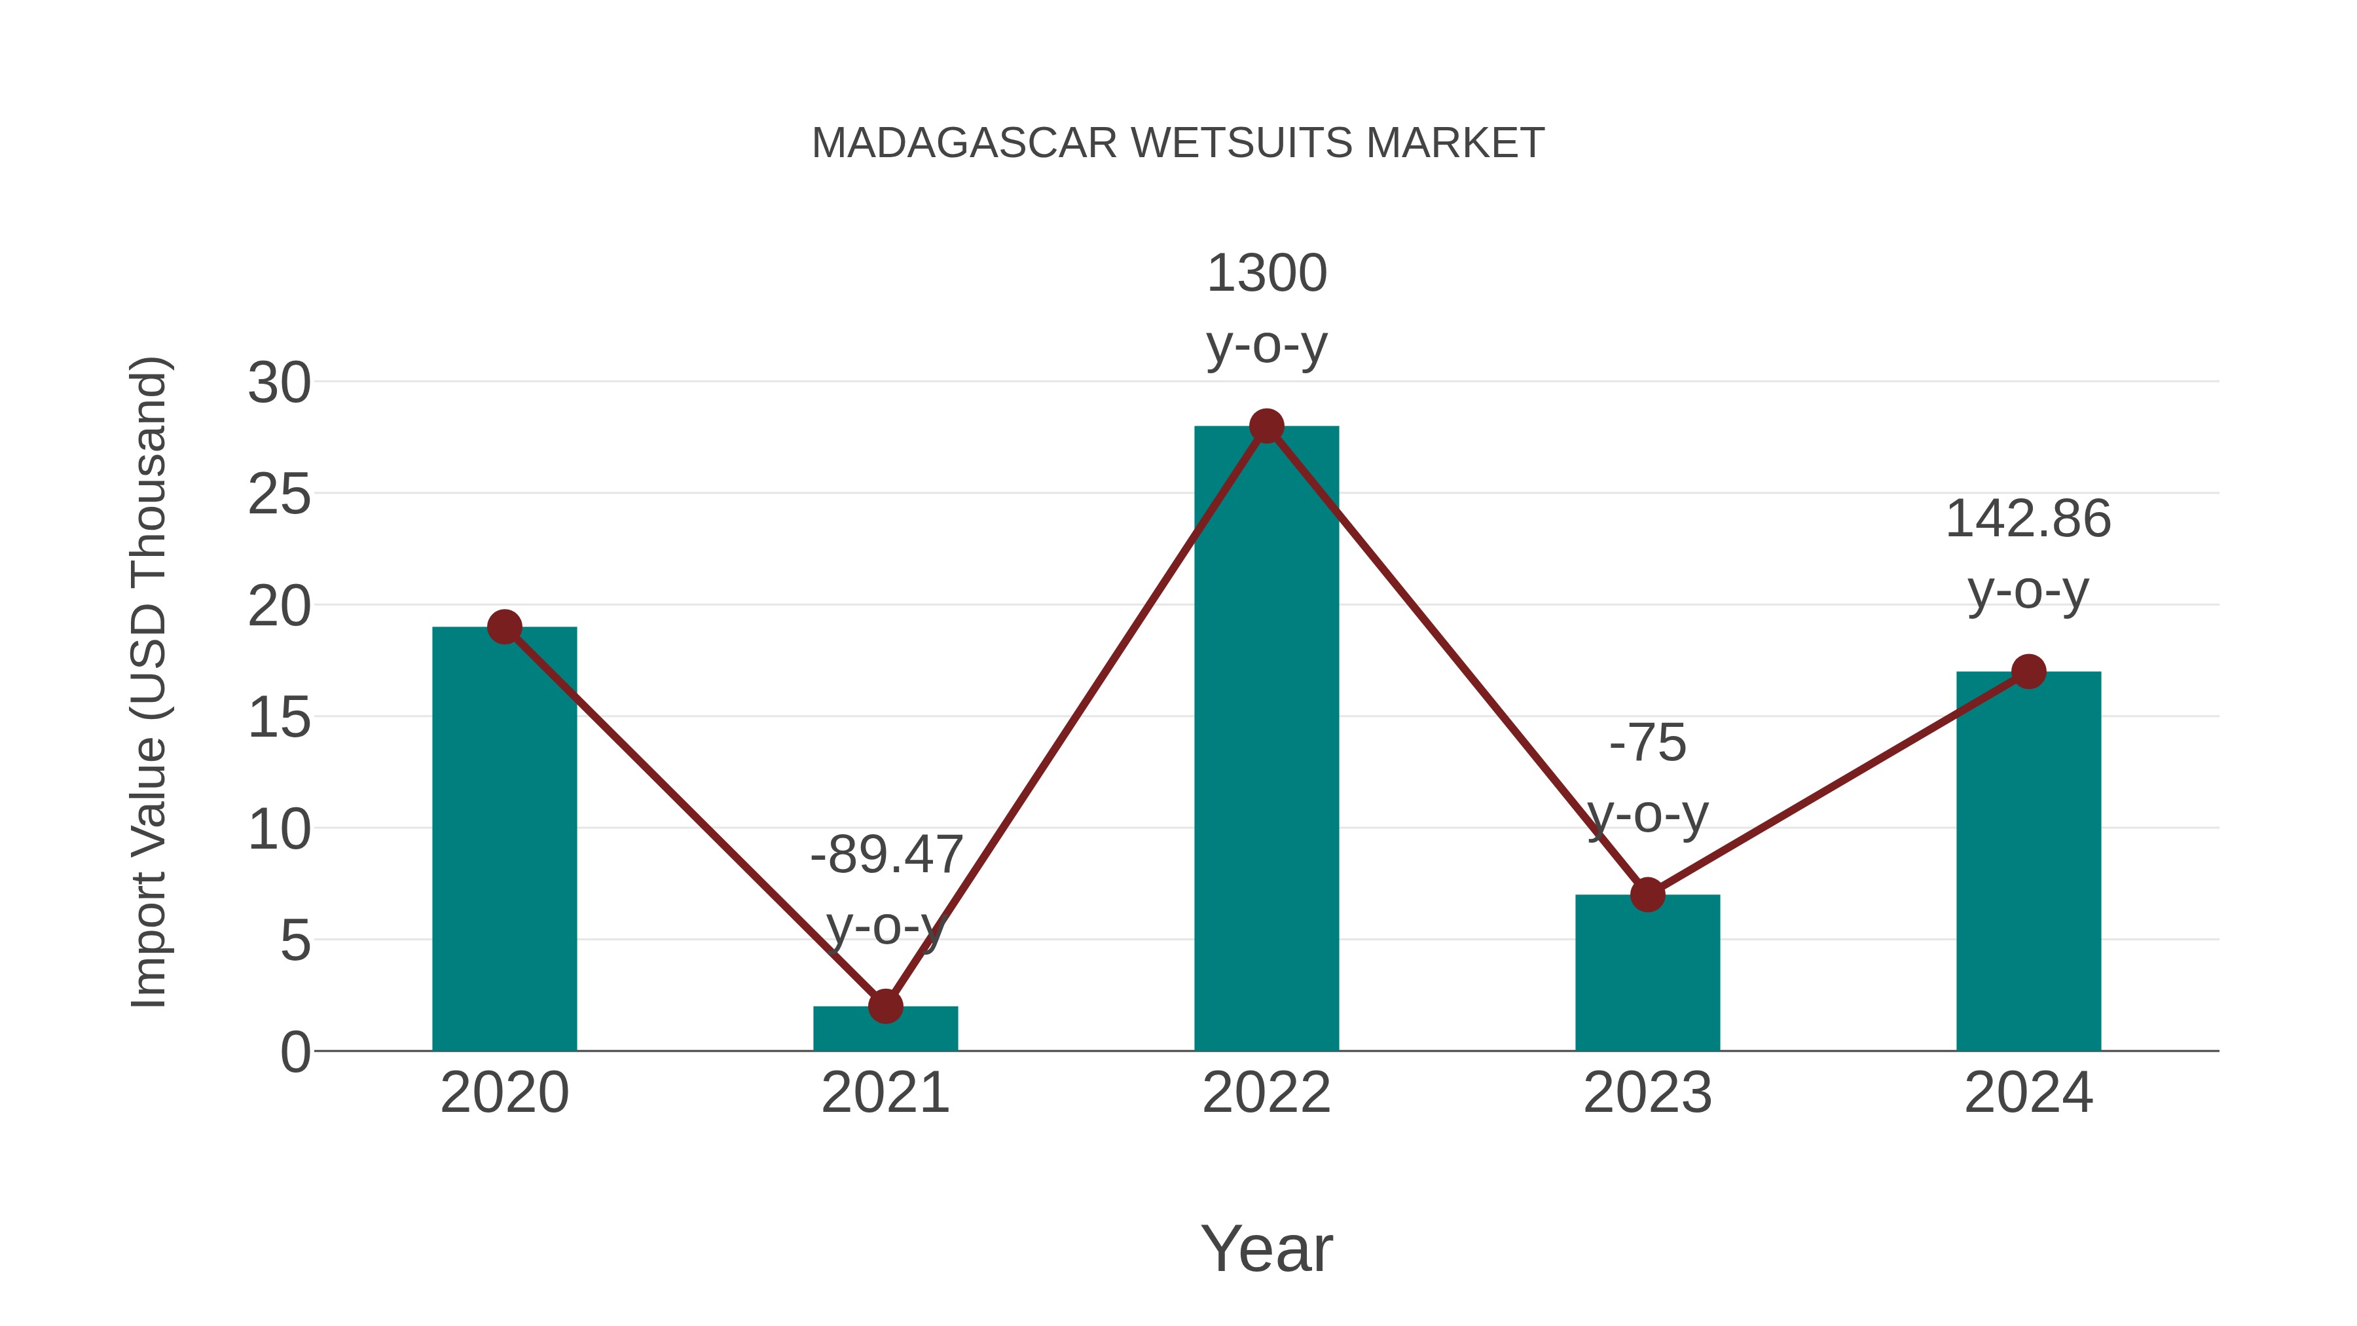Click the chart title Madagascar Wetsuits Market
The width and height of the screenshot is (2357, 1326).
1178,143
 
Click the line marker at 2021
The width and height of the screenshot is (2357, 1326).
885,1006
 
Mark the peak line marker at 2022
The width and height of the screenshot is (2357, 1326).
1266,426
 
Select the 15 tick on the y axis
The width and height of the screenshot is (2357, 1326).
279,718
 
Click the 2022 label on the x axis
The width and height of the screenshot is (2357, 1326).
1266,1093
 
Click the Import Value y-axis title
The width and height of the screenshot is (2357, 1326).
148,682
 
